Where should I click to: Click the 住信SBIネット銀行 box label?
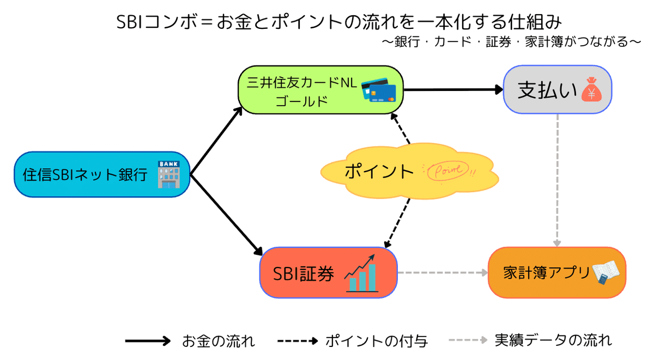[85, 174]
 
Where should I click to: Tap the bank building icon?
[168, 174]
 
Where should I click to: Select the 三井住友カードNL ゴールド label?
[300, 91]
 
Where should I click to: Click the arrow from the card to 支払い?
[452, 90]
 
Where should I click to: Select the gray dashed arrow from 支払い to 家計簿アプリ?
[558, 180]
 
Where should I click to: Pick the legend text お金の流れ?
[218, 341]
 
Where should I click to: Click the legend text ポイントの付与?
[376, 341]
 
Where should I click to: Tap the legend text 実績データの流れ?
[553, 341]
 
